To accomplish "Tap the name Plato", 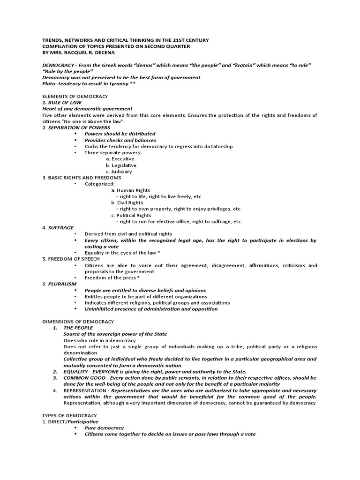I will tap(49, 83).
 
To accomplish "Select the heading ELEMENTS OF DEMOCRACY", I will tap(75, 96).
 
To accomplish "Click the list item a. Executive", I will tap(120, 159).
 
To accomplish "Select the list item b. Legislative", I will tap(121, 165).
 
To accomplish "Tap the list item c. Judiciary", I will tap(119, 172).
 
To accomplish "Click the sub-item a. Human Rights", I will tap(131, 190).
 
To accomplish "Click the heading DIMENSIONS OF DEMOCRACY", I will tap(78, 322).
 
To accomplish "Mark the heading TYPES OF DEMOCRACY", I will tap(69, 415).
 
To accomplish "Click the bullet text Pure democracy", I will tap(104, 428).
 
